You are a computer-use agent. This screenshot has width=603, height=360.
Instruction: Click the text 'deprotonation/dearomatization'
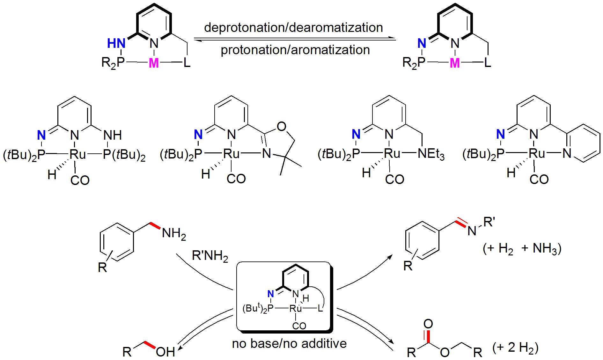click(293, 27)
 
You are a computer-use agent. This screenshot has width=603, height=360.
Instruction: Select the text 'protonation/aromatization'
click(295, 50)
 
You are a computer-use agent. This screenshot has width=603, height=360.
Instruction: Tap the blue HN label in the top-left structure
click(116, 43)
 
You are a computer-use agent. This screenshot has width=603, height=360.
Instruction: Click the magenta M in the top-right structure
click(454, 63)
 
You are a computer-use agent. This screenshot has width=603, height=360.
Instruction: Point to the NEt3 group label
click(431, 155)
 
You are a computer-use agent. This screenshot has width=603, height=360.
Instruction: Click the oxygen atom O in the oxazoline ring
click(281, 127)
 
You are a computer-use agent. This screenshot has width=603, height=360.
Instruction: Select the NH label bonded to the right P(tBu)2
click(113, 135)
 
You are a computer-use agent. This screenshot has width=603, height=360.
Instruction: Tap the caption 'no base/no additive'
click(289, 343)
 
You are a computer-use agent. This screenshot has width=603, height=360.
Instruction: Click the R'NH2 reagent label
click(210, 256)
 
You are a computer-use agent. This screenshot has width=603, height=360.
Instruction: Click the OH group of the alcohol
click(165, 352)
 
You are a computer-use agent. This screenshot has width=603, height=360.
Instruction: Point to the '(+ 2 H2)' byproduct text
click(515, 348)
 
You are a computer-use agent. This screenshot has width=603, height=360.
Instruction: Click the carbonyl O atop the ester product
click(428, 324)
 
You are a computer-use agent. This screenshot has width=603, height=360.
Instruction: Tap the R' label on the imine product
click(489, 222)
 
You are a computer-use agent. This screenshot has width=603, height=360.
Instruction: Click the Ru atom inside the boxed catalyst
click(296, 308)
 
